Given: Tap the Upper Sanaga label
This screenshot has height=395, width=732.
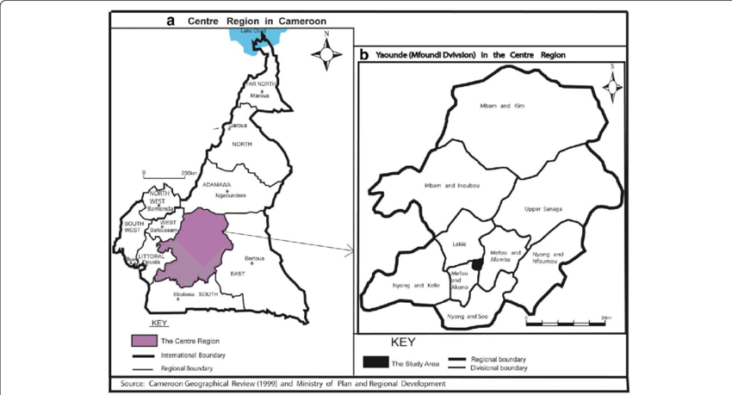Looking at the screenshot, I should (543, 208).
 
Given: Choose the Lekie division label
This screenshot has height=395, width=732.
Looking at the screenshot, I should (459, 244).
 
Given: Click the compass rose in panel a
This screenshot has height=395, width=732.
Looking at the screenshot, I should (326, 54).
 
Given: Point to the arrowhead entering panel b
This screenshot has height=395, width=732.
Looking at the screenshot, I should (350, 250).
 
